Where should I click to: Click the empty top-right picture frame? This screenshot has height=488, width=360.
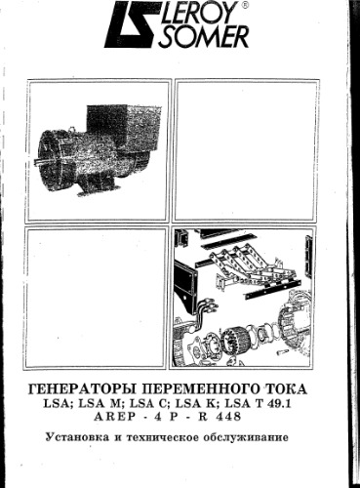pos(245,151)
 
